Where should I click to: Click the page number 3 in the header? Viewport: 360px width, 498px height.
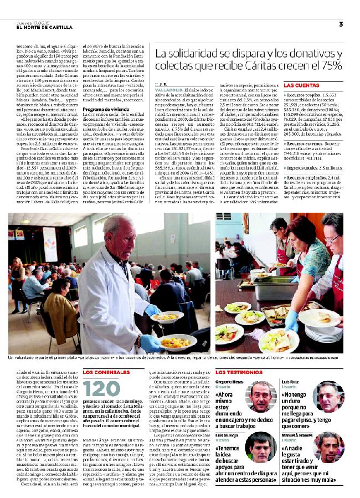(x=341, y=24)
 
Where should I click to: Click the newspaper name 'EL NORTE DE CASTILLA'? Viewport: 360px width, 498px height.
(x=44, y=27)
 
